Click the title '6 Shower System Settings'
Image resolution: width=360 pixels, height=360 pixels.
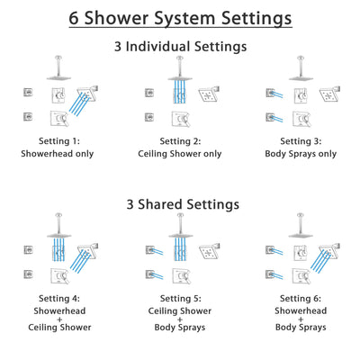coord(180,18)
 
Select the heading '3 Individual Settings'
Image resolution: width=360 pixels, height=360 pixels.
coord(180,46)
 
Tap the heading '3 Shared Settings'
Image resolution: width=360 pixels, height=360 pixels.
coord(180,204)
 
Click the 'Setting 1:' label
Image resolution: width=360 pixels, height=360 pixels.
coord(56,140)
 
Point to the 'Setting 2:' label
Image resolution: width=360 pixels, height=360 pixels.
coord(179,140)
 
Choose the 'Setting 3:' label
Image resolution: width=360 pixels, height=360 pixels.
coord(301,140)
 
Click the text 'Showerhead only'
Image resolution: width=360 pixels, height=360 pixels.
coord(56,154)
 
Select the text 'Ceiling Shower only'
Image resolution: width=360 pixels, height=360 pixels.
coord(179,154)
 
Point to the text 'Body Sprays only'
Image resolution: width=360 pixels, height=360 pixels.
coord(301,154)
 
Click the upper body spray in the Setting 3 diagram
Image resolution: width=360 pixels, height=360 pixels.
coord(269,93)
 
